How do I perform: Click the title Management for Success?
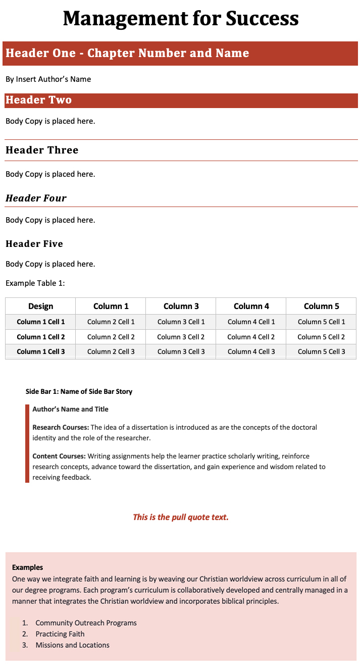click(x=180, y=19)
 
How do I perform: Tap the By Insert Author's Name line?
click(x=48, y=79)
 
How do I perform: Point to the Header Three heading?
click(x=42, y=150)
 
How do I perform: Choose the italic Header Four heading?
click(x=36, y=198)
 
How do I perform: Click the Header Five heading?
click(x=34, y=244)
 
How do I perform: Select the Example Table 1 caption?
click(x=35, y=283)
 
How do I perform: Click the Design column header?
click(x=41, y=306)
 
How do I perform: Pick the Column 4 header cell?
click(x=251, y=306)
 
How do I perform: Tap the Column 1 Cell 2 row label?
click(x=41, y=337)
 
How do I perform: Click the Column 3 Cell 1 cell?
click(x=181, y=322)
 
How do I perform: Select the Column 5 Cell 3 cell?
click(x=322, y=351)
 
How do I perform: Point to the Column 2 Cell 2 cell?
click(x=111, y=337)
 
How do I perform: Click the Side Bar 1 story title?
click(x=79, y=391)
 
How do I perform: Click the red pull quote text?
click(x=181, y=517)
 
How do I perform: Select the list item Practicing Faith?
click(x=60, y=634)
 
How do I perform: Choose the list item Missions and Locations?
click(x=72, y=645)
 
